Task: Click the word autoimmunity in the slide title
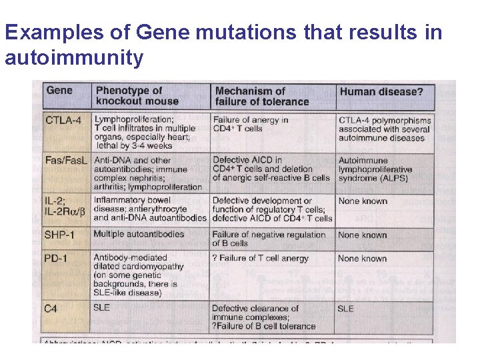(x=74, y=58)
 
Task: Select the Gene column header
(x=59, y=91)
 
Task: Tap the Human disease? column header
(x=381, y=91)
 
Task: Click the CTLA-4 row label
(x=65, y=120)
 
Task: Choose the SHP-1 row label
(x=64, y=235)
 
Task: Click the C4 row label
(x=52, y=308)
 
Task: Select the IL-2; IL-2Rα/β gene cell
(x=65, y=206)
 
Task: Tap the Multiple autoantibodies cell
(x=139, y=235)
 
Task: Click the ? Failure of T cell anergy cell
(x=260, y=258)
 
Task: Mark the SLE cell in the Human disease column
(x=346, y=309)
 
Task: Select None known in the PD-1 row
(x=362, y=258)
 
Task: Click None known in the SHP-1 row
(x=362, y=235)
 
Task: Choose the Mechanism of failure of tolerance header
(x=261, y=96)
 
